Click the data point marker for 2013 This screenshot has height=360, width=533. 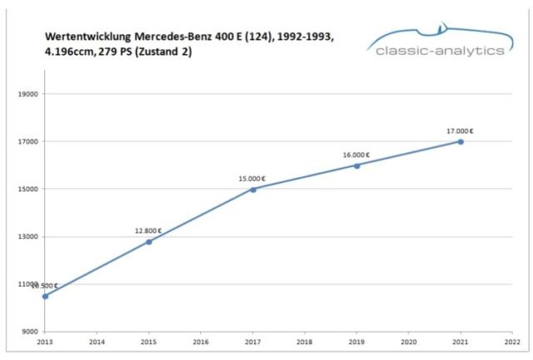click(45, 296)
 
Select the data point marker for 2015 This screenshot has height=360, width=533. click(149, 242)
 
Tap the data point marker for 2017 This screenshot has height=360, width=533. click(253, 189)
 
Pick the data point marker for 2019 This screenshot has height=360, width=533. click(356, 165)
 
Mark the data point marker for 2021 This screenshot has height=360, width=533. click(461, 142)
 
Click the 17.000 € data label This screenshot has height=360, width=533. click(460, 131)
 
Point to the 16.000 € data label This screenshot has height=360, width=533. click(356, 154)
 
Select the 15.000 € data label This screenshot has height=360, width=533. click(252, 178)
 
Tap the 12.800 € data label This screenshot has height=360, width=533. click(148, 231)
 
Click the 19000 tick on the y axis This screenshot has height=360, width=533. click(29, 94)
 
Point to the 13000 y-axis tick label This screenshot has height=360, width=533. click(29, 237)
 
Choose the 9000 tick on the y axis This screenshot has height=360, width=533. click(31, 332)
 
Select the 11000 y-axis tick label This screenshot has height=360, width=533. click(29, 284)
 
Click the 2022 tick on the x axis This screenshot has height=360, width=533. click(512, 341)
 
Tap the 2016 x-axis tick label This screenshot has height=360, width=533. click(201, 341)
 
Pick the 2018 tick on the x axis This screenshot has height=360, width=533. click(305, 341)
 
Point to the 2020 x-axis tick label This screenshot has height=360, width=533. click(409, 341)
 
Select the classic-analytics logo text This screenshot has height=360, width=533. click(440, 51)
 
